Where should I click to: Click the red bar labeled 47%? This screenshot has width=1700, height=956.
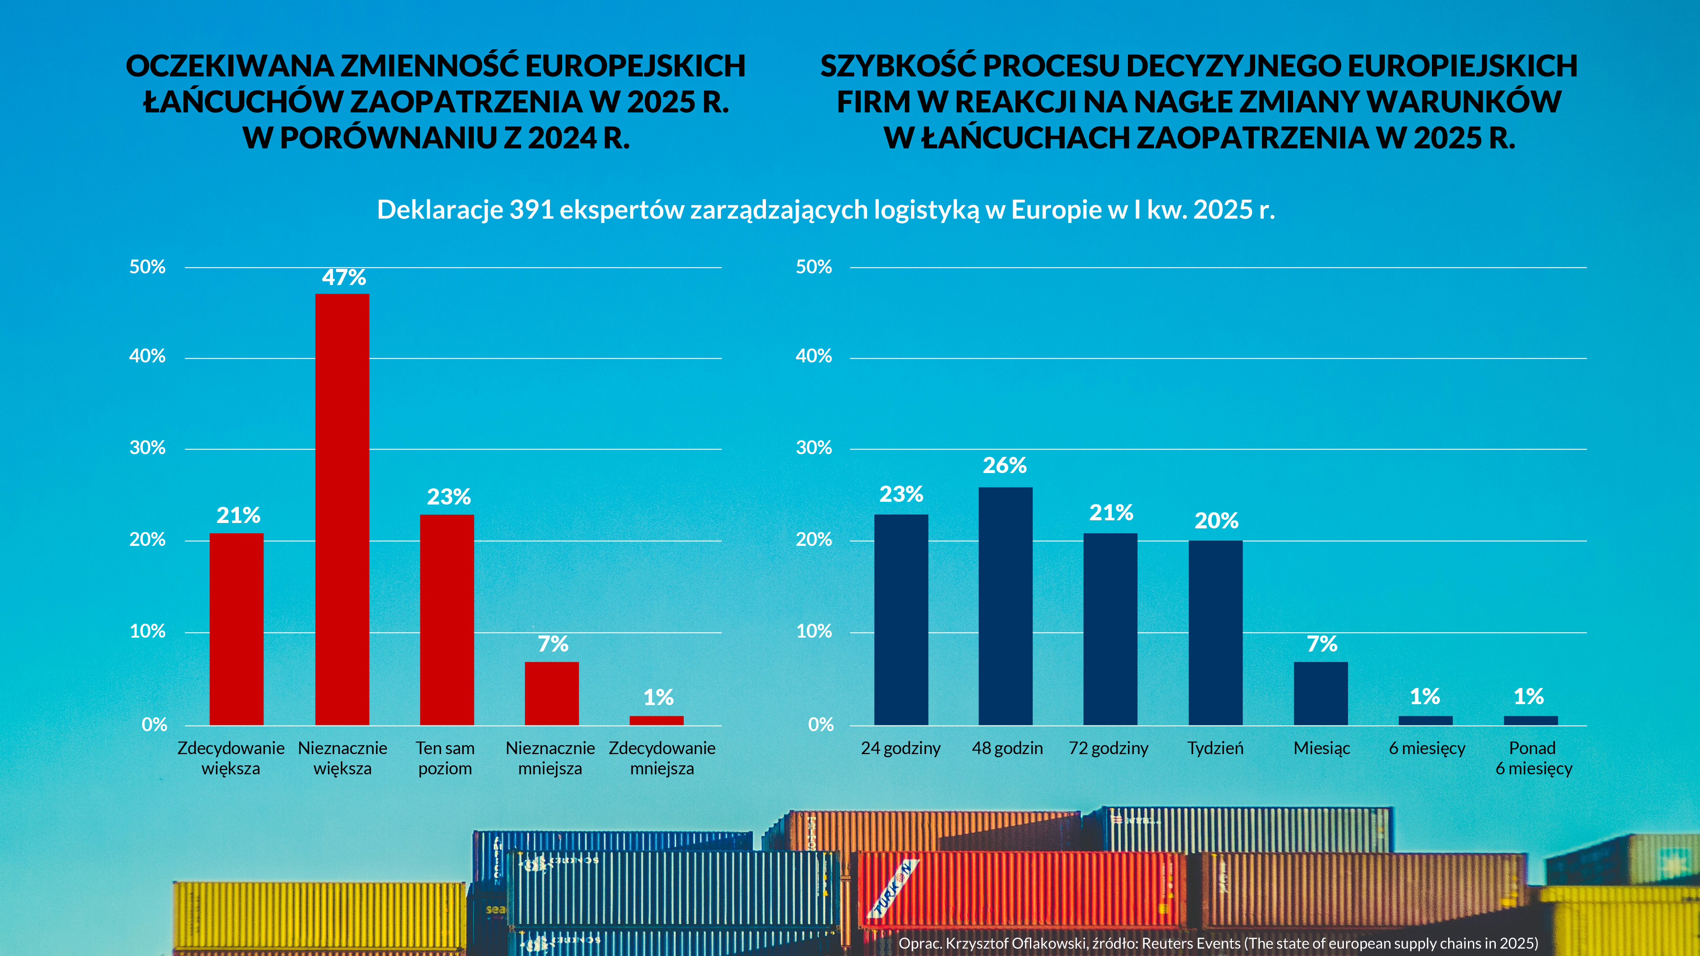pyautogui.click(x=342, y=508)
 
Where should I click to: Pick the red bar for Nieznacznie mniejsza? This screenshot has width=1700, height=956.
pyautogui.click(x=552, y=693)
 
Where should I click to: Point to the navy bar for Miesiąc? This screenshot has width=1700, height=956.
pyautogui.click(x=1320, y=693)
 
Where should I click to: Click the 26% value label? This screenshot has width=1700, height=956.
pyautogui.click(x=1004, y=465)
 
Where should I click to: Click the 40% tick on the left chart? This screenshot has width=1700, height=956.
pyautogui.click(x=147, y=356)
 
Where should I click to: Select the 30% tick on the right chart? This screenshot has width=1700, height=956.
pyautogui.click(x=814, y=448)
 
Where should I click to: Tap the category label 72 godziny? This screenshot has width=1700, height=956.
pyautogui.click(x=1108, y=748)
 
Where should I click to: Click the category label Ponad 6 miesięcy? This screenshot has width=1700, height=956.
pyautogui.click(x=1533, y=758)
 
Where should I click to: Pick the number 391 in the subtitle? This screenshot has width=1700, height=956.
pyautogui.click(x=531, y=210)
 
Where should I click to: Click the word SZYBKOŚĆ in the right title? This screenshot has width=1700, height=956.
pyautogui.click(x=898, y=66)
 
